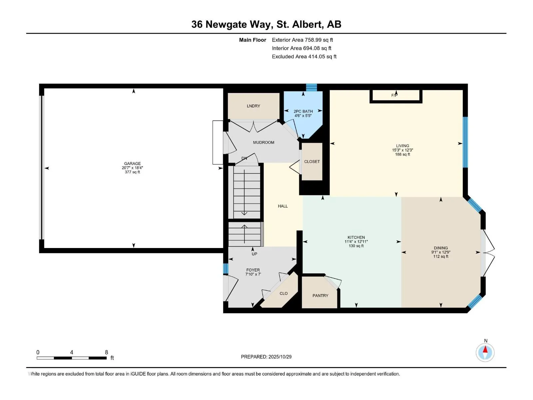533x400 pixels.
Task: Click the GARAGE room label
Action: point(132,164)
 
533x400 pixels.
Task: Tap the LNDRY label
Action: point(254,106)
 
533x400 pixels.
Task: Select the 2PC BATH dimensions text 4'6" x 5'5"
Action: point(303,116)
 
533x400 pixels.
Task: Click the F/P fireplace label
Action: point(394,96)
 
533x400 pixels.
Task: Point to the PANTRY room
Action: point(320,296)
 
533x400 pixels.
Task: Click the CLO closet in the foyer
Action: point(283,294)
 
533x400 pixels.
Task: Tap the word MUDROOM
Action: point(264,142)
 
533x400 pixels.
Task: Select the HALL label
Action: point(283,206)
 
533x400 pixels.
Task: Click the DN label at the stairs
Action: point(244,158)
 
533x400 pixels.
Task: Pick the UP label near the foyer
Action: point(255,254)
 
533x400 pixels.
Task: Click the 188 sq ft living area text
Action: point(402,154)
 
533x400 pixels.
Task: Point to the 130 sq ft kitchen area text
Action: point(356,246)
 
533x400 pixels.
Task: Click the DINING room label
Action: point(441,248)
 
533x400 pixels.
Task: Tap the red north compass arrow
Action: point(485,350)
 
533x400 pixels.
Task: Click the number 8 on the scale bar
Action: point(107,352)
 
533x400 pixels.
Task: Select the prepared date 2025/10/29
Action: point(280,357)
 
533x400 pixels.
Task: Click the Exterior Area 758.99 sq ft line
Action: point(302,40)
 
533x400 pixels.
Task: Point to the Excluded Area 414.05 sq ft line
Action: point(304,57)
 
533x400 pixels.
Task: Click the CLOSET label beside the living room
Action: point(312,162)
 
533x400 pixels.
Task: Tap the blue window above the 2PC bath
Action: point(311,87)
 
